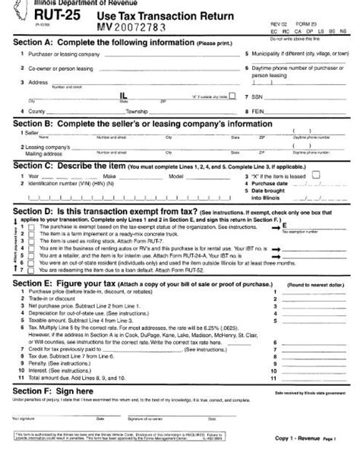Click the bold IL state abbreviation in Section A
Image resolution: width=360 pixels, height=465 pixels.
point(124,96)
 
